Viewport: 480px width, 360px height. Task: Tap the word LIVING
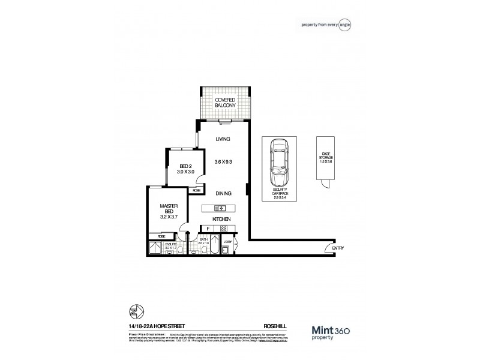222,139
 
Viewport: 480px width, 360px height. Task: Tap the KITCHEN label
222,219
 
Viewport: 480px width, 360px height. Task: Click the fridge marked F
208,229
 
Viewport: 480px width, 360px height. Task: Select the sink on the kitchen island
220,208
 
